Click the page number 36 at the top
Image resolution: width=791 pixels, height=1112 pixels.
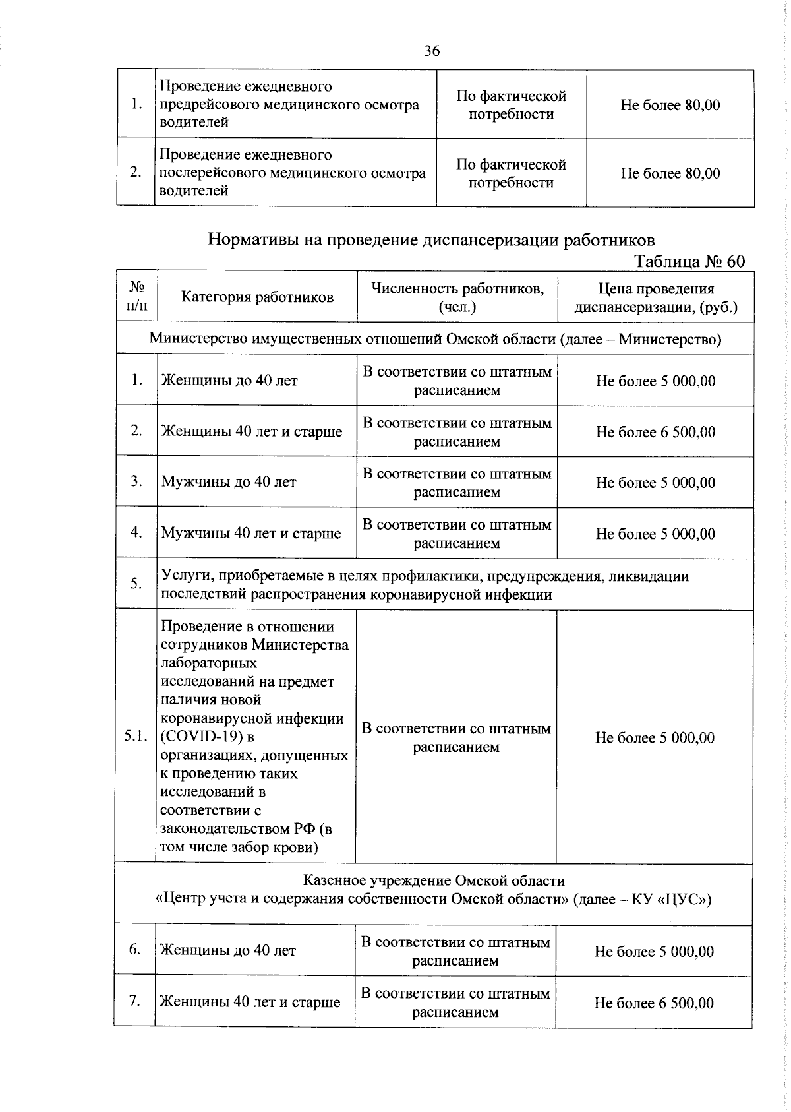point(432,51)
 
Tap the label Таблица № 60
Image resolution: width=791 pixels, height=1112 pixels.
point(689,261)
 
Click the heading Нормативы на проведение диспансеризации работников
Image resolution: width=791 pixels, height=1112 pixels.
point(431,239)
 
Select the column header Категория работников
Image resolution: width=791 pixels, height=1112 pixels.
point(257,297)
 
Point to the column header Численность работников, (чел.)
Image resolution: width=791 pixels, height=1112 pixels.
point(457,297)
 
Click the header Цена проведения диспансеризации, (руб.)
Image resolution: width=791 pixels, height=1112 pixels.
point(656,297)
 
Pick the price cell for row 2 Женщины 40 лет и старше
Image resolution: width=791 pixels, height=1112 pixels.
point(655,432)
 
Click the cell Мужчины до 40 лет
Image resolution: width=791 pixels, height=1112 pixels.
point(229,482)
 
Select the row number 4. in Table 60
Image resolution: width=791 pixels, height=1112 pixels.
point(136,532)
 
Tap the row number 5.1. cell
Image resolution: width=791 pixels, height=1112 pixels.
point(136,737)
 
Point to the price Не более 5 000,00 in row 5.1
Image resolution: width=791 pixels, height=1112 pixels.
point(655,737)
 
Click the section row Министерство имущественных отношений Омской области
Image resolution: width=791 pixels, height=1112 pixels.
point(435,339)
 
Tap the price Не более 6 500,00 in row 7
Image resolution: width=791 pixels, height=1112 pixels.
point(654,1003)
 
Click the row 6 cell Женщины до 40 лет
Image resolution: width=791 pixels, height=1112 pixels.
point(227,950)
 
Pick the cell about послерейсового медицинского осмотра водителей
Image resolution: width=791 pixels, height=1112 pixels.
point(292,173)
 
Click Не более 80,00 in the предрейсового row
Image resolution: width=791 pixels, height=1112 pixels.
point(670,105)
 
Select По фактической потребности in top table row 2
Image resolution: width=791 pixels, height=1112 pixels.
point(511,173)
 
